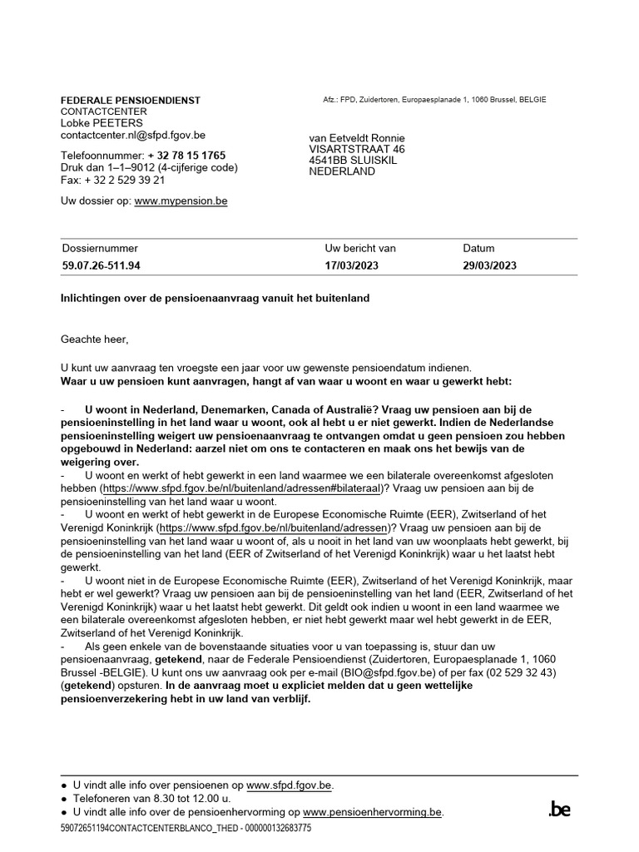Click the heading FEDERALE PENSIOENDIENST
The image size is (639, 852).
(131, 100)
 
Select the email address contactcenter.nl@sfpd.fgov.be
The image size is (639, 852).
(133, 134)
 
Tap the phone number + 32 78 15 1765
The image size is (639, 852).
(186, 156)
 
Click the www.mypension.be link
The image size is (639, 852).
(181, 201)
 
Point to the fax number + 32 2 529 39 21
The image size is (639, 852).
(124, 179)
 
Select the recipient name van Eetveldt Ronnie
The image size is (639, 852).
(357, 137)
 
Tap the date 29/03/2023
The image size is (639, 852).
(490, 266)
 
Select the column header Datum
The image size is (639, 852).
(478, 248)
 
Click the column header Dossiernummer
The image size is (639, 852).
(100, 248)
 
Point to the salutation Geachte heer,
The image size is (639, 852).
(95, 339)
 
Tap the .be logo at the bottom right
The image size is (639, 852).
(559, 809)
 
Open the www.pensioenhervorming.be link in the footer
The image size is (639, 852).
(373, 812)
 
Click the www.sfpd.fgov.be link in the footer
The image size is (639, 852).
(289, 785)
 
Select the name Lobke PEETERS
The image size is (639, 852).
(102, 122)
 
